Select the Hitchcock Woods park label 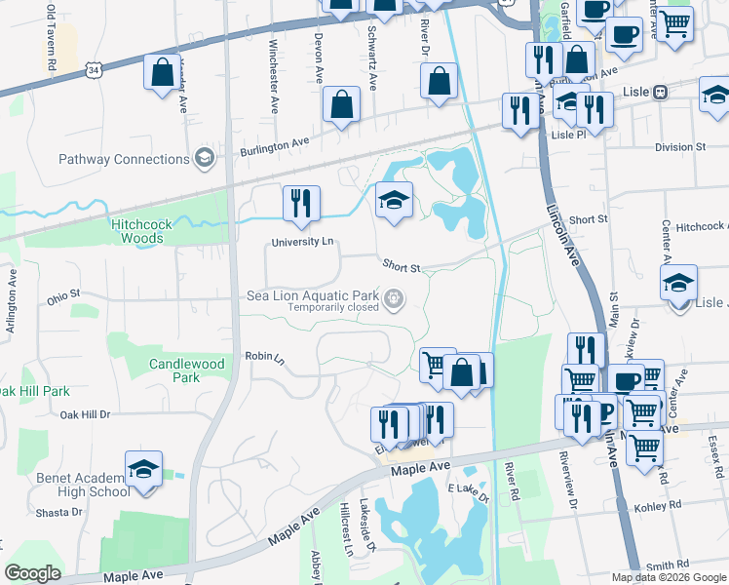click(x=141, y=231)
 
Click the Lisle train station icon click(x=660, y=92)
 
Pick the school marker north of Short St click(x=395, y=202)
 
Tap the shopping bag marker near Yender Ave click(x=160, y=72)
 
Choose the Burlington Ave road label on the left click(x=274, y=144)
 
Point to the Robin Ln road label click(x=263, y=357)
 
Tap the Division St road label click(x=679, y=147)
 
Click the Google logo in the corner click(x=33, y=573)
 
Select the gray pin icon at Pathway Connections click(x=204, y=157)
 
